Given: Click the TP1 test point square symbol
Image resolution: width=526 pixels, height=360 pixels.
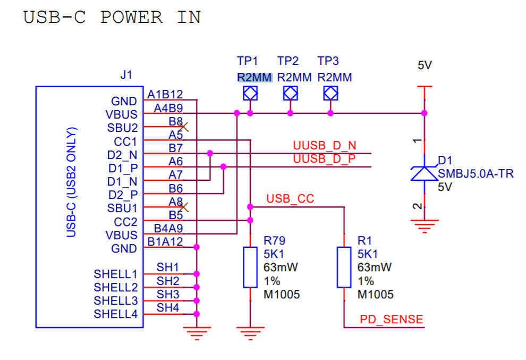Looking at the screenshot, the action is click(250, 93).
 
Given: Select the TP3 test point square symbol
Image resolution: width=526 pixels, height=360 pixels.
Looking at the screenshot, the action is click(331, 93).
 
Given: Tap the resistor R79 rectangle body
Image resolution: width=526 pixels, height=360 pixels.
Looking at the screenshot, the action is click(250, 267).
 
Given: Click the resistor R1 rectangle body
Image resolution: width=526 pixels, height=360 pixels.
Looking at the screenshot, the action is click(344, 267).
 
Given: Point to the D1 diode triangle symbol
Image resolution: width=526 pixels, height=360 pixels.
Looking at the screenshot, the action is click(425, 173).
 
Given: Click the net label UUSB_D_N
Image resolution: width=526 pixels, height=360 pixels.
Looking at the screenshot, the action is click(325, 145).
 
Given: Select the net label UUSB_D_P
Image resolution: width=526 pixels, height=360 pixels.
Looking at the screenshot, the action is click(325, 158).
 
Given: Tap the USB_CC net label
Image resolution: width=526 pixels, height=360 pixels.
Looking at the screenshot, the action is click(290, 199).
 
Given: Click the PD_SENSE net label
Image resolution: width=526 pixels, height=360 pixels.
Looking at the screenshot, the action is click(392, 319).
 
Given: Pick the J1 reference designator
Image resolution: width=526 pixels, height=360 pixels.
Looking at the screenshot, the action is click(126, 74).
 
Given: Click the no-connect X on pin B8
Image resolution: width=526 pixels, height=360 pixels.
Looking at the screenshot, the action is click(183, 127).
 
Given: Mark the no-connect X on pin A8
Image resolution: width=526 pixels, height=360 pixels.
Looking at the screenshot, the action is click(183, 207).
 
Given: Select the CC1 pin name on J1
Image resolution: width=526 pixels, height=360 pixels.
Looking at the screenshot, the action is click(125, 142).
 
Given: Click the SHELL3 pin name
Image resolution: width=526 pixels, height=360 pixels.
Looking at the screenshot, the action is click(116, 300).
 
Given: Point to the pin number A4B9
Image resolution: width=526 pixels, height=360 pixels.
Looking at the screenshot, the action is click(168, 108).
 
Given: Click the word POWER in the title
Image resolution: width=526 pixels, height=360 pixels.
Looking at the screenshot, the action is click(132, 17).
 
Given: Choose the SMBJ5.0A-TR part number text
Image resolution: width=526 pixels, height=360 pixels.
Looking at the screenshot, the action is click(476, 174).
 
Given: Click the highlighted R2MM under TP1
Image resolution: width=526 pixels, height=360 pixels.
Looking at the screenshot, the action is click(254, 77).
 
